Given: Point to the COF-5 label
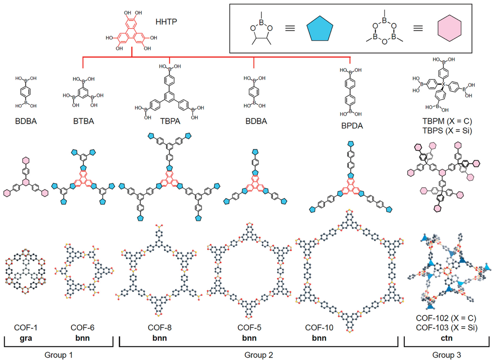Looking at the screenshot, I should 249,328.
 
